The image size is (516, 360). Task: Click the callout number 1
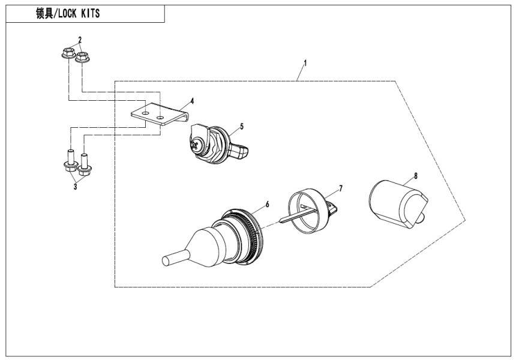[305, 62]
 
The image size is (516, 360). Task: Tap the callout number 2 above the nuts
[80, 39]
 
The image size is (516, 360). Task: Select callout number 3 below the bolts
[75, 187]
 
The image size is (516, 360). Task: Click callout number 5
[241, 126]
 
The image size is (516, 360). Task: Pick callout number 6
[267, 204]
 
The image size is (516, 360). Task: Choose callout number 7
[340, 188]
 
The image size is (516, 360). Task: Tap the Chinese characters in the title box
[44, 14]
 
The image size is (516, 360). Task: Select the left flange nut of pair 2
[68, 55]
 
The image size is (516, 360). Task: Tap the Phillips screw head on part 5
[198, 143]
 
